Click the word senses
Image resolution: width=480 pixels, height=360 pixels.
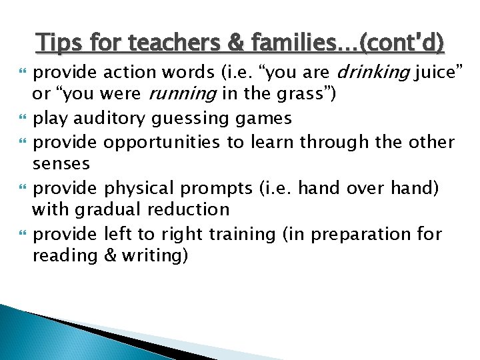61,163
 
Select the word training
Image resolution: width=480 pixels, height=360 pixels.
241,234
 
